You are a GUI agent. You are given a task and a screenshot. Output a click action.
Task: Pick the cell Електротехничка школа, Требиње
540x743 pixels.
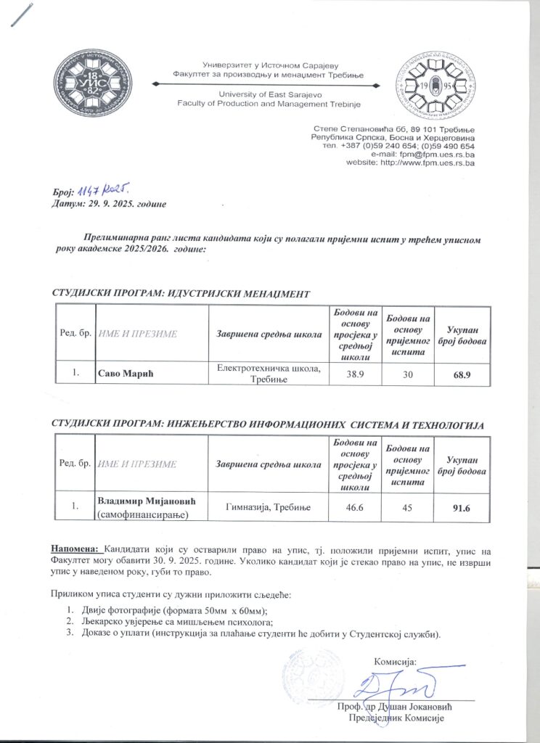coord(269,374)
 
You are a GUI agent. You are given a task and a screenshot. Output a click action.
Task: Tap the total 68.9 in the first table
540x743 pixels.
coord(462,374)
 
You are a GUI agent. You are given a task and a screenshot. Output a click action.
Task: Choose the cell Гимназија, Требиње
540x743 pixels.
coord(269,507)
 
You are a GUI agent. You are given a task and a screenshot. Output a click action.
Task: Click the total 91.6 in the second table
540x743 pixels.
coord(462,507)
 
